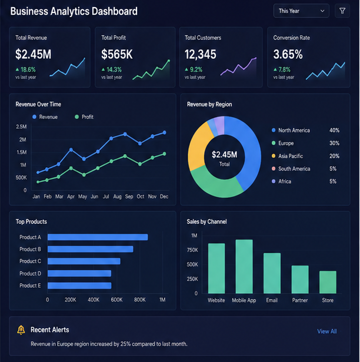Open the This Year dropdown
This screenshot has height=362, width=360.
[x=301, y=11]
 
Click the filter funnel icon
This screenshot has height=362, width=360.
[x=342, y=11]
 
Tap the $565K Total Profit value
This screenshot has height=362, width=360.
[x=117, y=55]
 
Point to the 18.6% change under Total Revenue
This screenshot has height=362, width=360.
[x=25, y=69]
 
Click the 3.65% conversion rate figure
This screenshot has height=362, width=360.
[x=288, y=55]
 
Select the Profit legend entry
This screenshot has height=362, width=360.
[x=84, y=117]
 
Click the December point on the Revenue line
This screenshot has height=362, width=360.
[x=165, y=132]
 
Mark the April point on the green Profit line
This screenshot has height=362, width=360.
[x=71, y=168]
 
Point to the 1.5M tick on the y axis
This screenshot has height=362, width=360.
[x=21, y=152]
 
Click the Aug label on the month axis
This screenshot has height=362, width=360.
[x=117, y=197]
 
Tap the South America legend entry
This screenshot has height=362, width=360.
[x=291, y=169]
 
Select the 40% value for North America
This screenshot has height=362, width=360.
[x=334, y=130]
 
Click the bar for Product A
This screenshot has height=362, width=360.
[x=98, y=237]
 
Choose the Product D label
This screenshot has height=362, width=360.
[x=30, y=273]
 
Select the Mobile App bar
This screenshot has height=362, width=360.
[x=244, y=267]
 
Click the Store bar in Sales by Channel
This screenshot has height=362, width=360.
[x=328, y=282]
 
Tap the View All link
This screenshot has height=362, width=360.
[x=327, y=331]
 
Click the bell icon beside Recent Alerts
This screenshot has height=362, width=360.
[x=21, y=330]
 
